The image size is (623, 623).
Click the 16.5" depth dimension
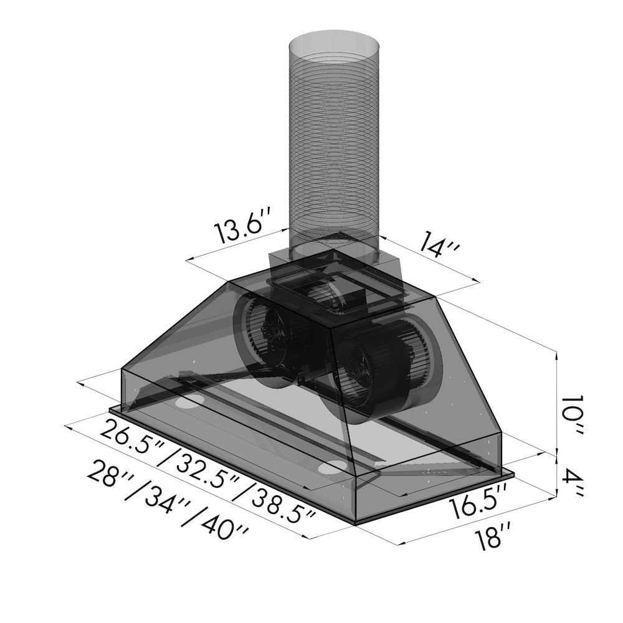point(477,504)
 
